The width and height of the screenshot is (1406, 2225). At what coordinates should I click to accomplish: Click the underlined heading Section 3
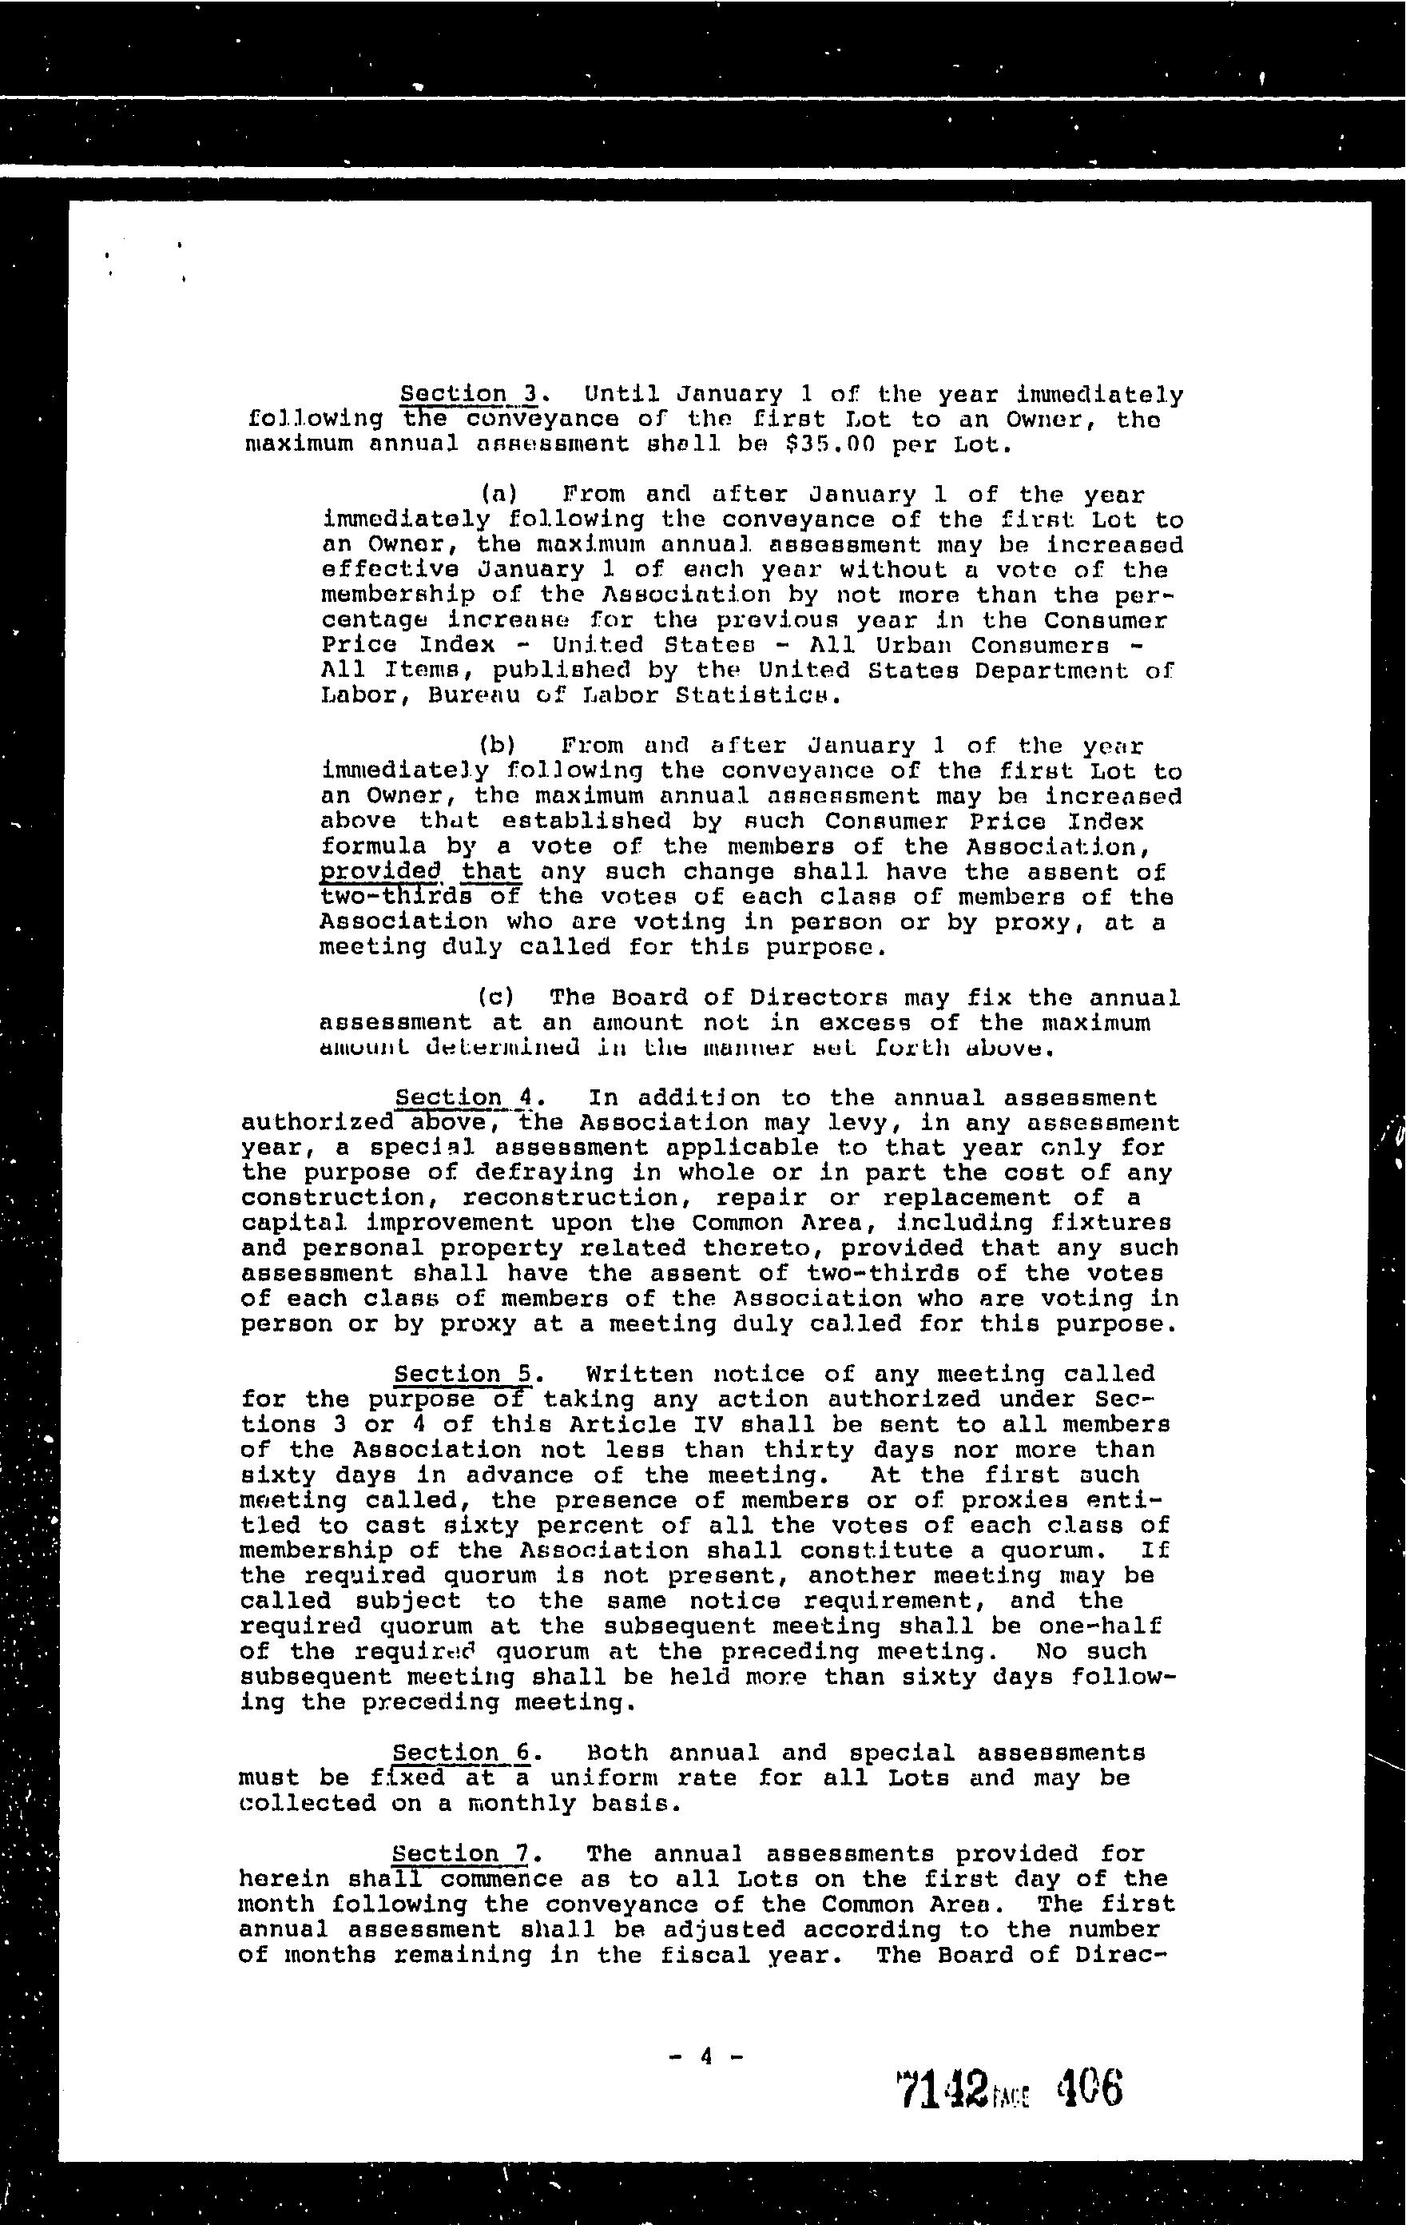(468, 395)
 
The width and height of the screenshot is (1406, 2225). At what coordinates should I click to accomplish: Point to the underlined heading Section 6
(462, 1753)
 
